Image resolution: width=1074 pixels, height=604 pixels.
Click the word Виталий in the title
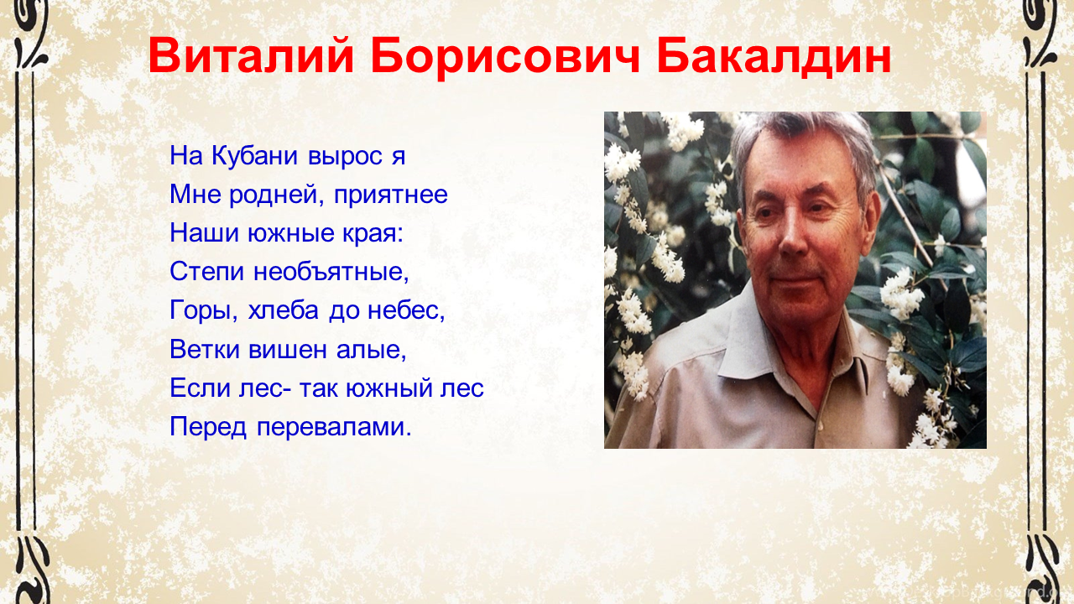pos(251,55)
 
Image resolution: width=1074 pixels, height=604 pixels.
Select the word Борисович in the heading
pos(505,56)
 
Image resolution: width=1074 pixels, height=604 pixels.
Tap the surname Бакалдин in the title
pos(774,56)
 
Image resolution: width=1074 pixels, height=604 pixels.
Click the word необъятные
pos(331,272)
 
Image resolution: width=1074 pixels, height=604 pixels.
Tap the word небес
pos(406,310)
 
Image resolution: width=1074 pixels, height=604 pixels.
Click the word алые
pos(372,350)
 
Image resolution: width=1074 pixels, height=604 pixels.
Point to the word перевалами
pos(334,427)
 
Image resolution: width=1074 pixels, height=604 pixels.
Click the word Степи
pos(207,273)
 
